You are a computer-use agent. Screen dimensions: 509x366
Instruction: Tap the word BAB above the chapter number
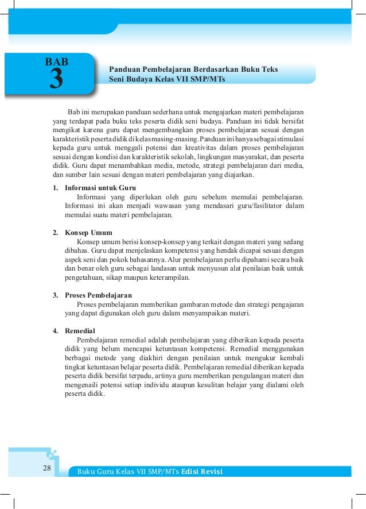(57, 61)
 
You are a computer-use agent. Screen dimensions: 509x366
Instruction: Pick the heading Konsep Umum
(88, 233)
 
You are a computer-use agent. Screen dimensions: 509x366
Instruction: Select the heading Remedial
(80, 331)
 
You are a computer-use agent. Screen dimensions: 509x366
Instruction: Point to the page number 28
(47, 469)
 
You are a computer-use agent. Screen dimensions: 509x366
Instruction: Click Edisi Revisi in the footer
(201, 472)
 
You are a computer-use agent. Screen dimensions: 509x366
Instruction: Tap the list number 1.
(55, 188)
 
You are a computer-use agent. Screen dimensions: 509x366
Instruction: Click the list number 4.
(55, 331)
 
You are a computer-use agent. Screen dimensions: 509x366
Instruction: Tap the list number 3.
(55, 295)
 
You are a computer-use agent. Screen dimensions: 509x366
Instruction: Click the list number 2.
(55, 233)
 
